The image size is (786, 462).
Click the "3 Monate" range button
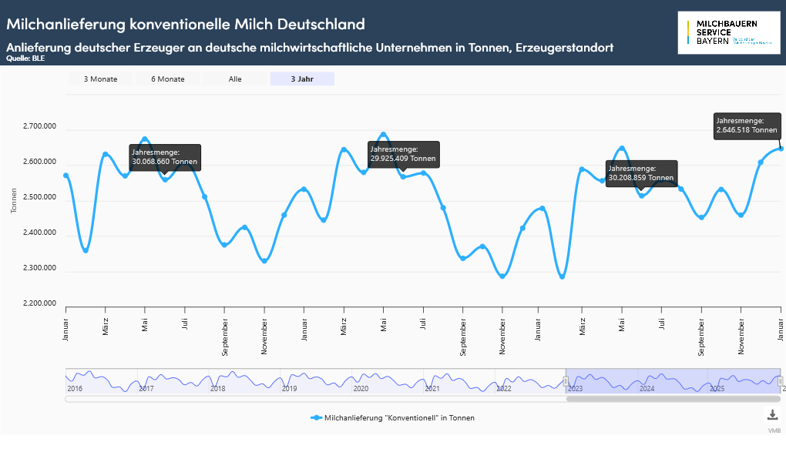pos(100,79)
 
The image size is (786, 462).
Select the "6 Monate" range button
pos(167,79)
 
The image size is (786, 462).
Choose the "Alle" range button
pos(235,79)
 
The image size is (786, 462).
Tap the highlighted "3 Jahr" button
pos(302,79)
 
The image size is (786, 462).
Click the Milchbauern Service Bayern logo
pos(728,33)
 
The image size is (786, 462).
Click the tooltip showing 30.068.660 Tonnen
pos(165,157)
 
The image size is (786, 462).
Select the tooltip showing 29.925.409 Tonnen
pos(403,153)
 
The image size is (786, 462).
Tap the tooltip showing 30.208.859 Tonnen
pos(641,172)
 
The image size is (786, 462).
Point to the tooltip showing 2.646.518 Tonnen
pos(747,126)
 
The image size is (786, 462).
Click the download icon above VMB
pos(772,415)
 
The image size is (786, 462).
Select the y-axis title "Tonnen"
pos(15,201)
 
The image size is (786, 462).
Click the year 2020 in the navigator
pos(361,389)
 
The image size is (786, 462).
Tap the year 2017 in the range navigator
pos(146,389)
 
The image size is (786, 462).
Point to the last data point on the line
pos(781,149)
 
